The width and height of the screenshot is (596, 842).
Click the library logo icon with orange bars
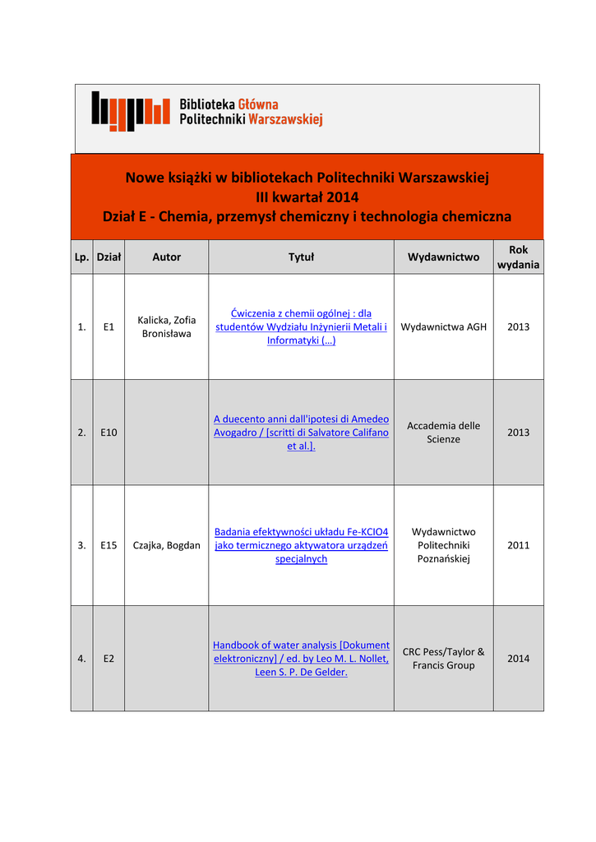pyautogui.click(x=130, y=110)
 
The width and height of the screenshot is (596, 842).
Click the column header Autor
pyautogui.click(x=166, y=257)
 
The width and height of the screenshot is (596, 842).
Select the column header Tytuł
pyautogui.click(x=301, y=257)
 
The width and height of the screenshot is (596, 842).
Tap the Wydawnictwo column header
pyautogui.click(x=443, y=257)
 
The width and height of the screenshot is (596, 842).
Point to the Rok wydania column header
pyautogui.click(x=518, y=257)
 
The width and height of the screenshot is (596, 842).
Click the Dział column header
pyautogui.click(x=109, y=257)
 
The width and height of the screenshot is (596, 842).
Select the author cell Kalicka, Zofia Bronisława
pyautogui.click(x=166, y=326)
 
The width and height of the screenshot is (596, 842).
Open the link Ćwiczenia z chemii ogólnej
pyautogui.click(x=301, y=326)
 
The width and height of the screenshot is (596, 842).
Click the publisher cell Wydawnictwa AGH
pyautogui.click(x=443, y=326)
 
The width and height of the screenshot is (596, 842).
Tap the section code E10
pyautogui.click(x=109, y=433)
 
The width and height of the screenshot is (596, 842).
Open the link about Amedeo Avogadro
pyautogui.click(x=301, y=433)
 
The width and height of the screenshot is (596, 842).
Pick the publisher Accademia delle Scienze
pyautogui.click(x=443, y=433)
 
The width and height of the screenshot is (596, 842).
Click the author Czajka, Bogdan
pyautogui.click(x=166, y=545)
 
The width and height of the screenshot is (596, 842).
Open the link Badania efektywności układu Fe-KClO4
pyautogui.click(x=301, y=545)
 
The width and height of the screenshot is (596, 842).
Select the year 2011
pyautogui.click(x=518, y=545)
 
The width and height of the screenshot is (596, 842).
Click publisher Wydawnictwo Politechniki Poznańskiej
pyautogui.click(x=443, y=545)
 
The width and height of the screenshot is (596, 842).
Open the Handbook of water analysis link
pyautogui.click(x=301, y=659)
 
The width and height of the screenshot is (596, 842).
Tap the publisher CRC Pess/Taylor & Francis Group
pyautogui.click(x=443, y=659)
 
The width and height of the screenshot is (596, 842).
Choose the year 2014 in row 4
pyautogui.click(x=518, y=659)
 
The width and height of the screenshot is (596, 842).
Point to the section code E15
pyautogui.click(x=109, y=545)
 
